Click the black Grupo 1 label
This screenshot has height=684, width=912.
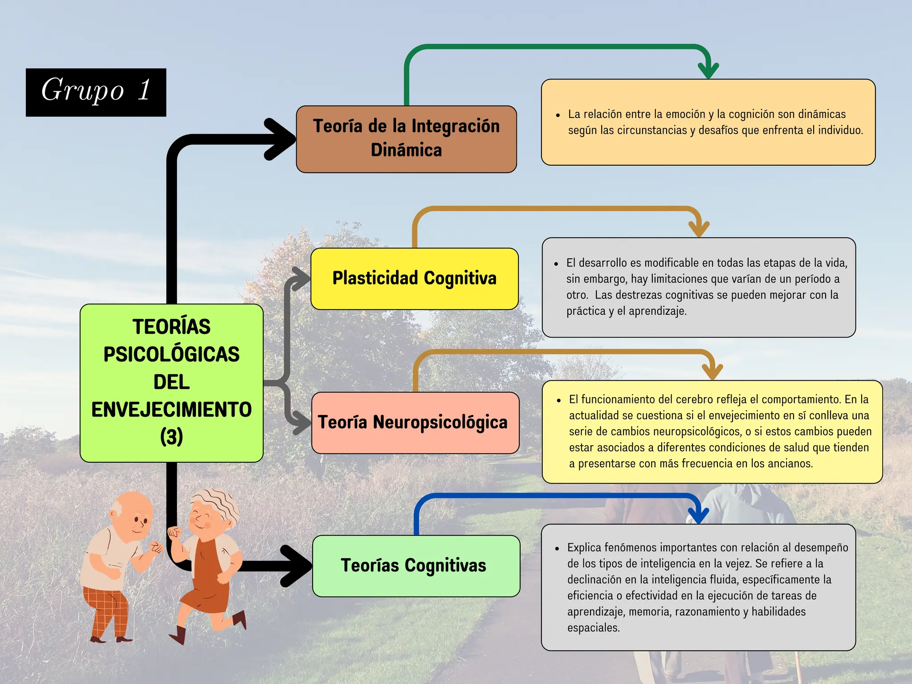coord(96,92)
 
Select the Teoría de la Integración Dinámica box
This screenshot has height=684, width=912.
coord(407,139)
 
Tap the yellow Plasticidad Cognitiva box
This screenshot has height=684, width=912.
coord(415,279)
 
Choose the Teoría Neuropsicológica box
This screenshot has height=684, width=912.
coord(415,423)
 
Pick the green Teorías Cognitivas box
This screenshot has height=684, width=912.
coord(416,566)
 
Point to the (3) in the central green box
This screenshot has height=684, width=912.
coord(171,437)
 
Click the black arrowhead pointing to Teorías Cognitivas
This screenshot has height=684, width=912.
coord(297,566)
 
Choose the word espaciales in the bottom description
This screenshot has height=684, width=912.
coord(594,628)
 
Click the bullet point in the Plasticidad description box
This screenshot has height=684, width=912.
coord(556,264)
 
